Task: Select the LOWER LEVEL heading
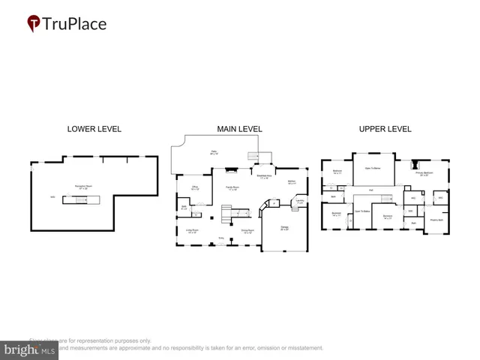[x=94, y=129]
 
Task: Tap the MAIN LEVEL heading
[x=239, y=129]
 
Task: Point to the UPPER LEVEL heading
[x=385, y=129]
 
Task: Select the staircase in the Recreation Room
[x=90, y=198]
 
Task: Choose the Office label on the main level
[x=194, y=188]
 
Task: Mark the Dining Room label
[x=246, y=231]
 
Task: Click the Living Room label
[x=192, y=231]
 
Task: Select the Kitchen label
[x=292, y=181]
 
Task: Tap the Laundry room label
[x=299, y=201]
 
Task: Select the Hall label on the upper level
[x=370, y=190]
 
